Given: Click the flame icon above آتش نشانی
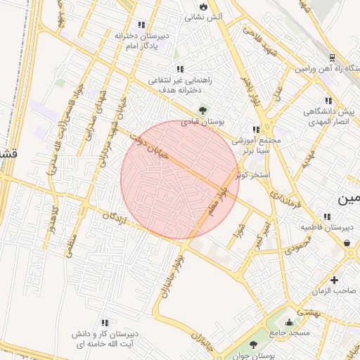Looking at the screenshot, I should coord(203,5).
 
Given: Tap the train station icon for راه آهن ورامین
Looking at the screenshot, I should coord(332,58).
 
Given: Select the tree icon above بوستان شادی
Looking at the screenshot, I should coord(203,110).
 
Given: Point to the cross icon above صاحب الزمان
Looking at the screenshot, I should coord(334,280).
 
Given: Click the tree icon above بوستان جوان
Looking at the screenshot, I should coord(253,345).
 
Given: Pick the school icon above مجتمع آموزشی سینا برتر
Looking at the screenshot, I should coord(256,129).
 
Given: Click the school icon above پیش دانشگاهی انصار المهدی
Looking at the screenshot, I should coord(328,101).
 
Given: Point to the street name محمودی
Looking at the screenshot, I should coord(298,247).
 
